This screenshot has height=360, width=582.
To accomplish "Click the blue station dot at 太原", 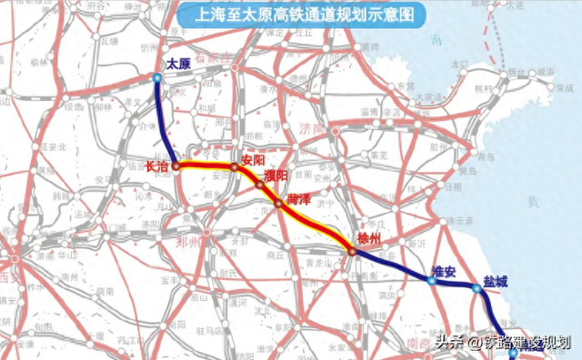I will point(157,78).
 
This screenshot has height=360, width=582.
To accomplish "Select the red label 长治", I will point(157,167).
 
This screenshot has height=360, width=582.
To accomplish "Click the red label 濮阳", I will point(276,175).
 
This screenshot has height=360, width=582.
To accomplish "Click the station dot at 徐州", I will point(351,252).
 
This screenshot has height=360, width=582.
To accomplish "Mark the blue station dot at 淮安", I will point(431,282).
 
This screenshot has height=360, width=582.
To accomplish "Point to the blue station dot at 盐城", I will point(476,289).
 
